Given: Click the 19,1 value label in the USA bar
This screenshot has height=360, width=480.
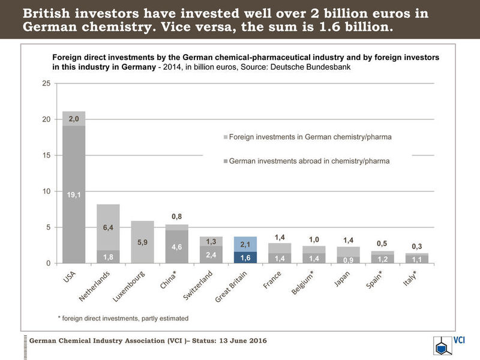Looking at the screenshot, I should (x=74, y=194).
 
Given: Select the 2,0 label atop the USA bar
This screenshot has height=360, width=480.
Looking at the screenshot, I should (x=74, y=119).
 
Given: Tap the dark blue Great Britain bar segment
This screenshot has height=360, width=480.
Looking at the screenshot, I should (x=245, y=257).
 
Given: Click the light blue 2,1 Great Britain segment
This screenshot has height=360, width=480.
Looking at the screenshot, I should (x=245, y=244).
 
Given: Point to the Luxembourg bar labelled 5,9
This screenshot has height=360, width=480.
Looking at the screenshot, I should (x=143, y=242).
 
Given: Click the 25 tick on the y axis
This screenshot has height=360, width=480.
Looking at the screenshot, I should (x=46, y=83).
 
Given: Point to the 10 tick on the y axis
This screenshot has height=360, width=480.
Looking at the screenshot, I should (x=46, y=191).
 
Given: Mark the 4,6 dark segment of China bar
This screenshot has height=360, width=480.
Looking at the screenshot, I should (x=176, y=247).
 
